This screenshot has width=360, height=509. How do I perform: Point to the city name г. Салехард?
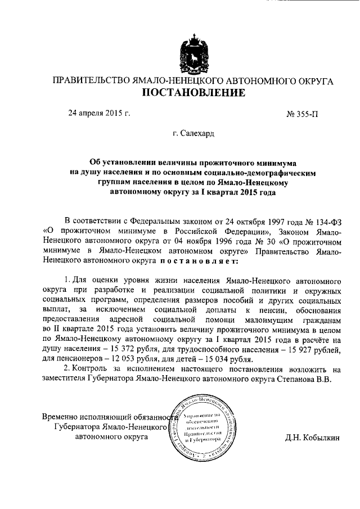193,134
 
